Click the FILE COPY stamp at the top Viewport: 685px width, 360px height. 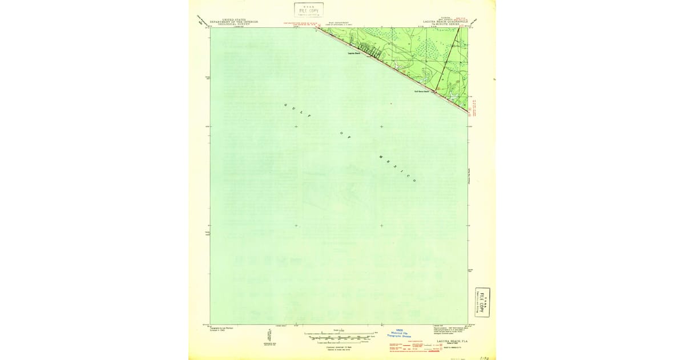tap(309, 10)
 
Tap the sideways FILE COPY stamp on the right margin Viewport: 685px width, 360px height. tap(482, 302)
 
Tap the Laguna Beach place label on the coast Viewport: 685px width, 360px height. tap(354, 54)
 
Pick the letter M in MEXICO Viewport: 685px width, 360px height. tap(379, 155)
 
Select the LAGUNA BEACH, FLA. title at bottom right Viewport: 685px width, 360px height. tap(453, 341)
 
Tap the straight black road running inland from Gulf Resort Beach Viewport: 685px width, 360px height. tap(448, 57)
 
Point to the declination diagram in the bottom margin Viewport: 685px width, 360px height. tap(268, 337)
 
